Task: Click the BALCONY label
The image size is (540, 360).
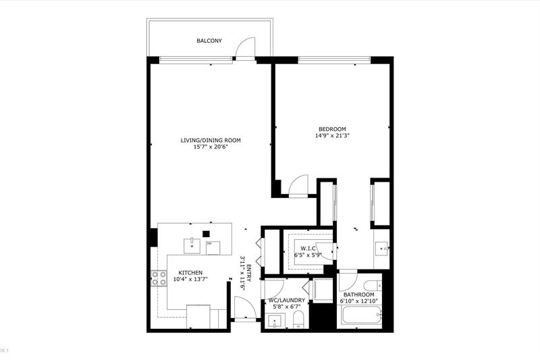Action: pyautogui.click(x=209, y=41)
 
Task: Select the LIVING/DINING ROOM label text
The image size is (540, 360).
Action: pyautogui.click(x=211, y=140)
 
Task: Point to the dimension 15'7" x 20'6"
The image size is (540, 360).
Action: pyautogui.click(x=211, y=147)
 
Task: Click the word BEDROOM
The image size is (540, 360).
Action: pyautogui.click(x=332, y=129)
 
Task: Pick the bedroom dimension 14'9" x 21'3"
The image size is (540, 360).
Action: pyautogui.click(x=332, y=136)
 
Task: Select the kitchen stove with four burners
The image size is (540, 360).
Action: pyautogui.click(x=159, y=278)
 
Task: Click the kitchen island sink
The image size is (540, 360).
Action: pyautogui.click(x=193, y=243)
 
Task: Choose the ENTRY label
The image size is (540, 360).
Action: pyautogui.click(x=248, y=274)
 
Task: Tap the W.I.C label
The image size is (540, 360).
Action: pyautogui.click(x=307, y=249)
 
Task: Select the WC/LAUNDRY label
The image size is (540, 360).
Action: pyautogui.click(x=287, y=300)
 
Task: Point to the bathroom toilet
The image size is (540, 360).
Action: pyautogui.click(x=373, y=284)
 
